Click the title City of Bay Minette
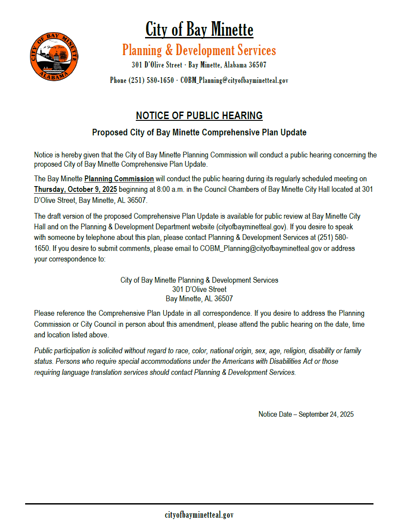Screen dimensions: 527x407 [199, 30]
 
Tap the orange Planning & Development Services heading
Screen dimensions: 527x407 [199, 50]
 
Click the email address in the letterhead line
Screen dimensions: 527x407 [234, 81]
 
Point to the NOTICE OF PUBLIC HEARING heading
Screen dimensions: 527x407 [199, 116]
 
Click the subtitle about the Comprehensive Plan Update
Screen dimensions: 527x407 [199, 132]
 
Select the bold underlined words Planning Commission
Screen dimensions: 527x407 [119, 179]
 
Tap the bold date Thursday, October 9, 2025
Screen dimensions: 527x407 [75, 190]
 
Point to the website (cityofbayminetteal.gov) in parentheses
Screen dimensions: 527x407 [252, 227]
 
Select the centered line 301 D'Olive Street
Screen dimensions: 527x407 [199, 289]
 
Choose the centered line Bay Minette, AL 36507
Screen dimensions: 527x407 [199, 299]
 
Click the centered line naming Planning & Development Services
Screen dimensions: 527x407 [199, 280]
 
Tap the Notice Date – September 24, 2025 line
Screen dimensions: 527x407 [306, 414]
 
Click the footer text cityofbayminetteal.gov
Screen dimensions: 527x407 [199, 515]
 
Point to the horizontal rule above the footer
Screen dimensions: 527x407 [199, 504]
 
